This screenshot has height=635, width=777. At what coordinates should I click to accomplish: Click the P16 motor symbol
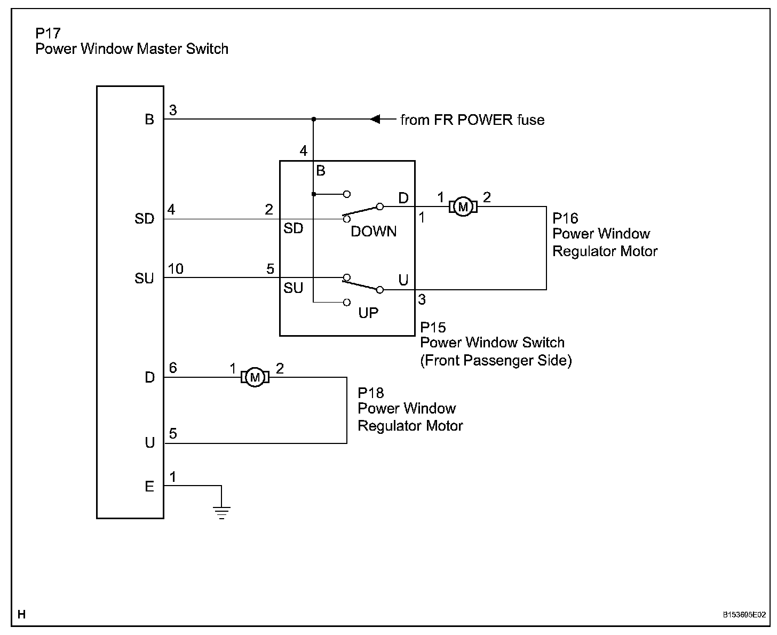pyautogui.click(x=463, y=207)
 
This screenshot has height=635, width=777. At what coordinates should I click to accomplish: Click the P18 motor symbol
pyautogui.click(x=255, y=378)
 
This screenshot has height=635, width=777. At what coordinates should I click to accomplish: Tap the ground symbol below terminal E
pyautogui.click(x=221, y=512)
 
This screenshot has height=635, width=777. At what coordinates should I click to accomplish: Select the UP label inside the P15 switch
pyautogui.click(x=368, y=313)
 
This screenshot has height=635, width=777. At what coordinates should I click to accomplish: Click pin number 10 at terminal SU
pyautogui.click(x=176, y=269)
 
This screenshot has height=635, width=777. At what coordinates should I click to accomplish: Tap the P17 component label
pyautogui.click(x=48, y=34)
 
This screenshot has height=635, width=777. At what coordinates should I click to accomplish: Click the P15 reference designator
pyautogui.click(x=433, y=327)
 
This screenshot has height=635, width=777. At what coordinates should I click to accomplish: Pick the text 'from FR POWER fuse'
pyautogui.click(x=472, y=120)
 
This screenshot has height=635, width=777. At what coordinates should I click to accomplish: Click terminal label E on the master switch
pyautogui.click(x=149, y=487)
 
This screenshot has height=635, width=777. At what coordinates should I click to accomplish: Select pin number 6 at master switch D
pyautogui.click(x=173, y=368)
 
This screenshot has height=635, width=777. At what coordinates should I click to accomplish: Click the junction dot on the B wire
pyautogui.click(x=314, y=119)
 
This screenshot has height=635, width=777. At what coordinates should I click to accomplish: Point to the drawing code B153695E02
pyautogui.click(x=744, y=615)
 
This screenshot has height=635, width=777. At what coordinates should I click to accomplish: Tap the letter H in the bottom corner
pyautogui.click(x=21, y=615)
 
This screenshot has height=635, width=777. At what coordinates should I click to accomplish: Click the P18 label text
pyautogui.click(x=370, y=393)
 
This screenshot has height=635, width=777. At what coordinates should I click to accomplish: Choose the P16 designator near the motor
pyautogui.click(x=565, y=218)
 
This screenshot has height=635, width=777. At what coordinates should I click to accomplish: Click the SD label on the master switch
pyautogui.click(x=144, y=219)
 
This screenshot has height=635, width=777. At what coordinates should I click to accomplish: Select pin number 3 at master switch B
pyautogui.click(x=173, y=110)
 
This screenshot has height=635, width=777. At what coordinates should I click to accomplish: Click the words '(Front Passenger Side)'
pyautogui.click(x=496, y=361)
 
